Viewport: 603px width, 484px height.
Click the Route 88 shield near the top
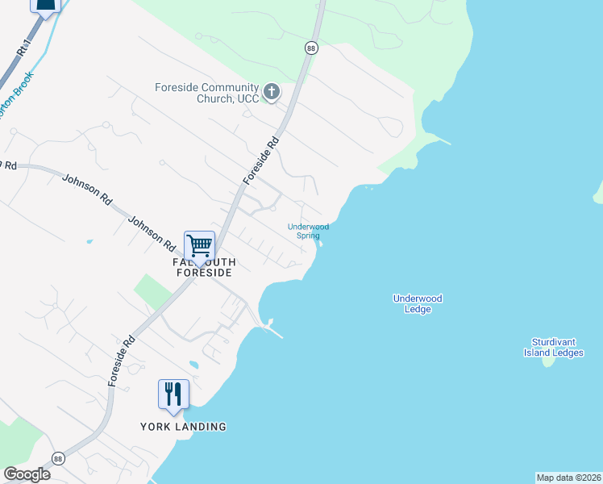[311, 48]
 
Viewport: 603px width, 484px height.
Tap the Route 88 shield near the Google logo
[58, 457]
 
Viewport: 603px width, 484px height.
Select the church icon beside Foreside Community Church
[272, 92]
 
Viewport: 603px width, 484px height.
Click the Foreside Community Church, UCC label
[207, 93]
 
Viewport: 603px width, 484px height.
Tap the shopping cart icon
[199, 244]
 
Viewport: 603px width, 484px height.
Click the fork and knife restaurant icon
[173, 394]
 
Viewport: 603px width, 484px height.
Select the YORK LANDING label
[183, 427]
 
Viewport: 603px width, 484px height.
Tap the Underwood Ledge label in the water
[418, 304]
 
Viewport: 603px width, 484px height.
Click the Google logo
[27, 474]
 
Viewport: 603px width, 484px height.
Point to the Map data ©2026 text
[568, 478]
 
